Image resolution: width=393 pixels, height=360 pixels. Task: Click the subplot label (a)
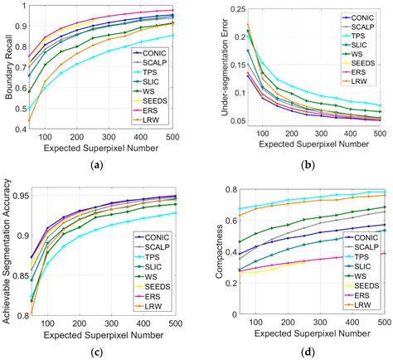pyautogui.click(x=99, y=166)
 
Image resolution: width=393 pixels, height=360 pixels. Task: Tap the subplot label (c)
pyautogui.click(x=99, y=351)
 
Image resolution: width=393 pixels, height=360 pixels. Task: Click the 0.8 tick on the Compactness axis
pyautogui.click(x=217, y=191)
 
